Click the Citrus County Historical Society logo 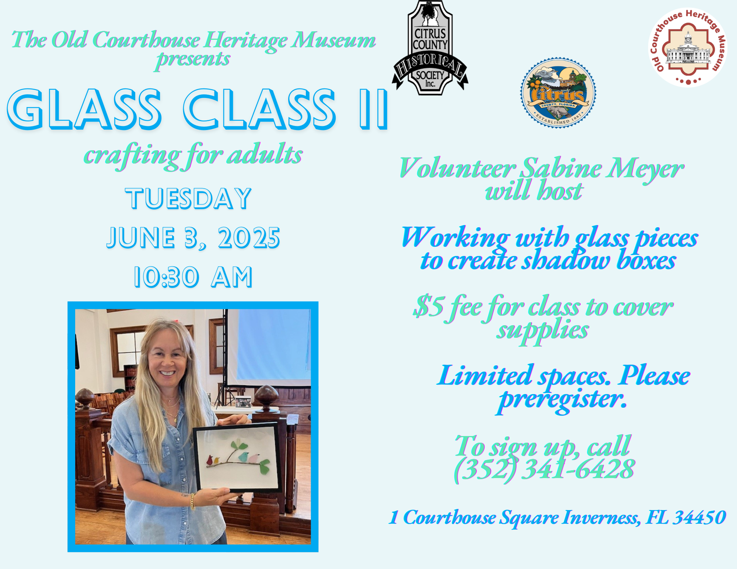430,48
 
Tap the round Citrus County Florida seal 558,92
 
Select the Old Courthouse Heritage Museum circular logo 688,48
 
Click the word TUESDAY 188,199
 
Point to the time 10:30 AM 193,277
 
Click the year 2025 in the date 249,238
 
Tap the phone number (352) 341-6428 544,470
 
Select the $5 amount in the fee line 428,306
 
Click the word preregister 562,400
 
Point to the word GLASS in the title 84,109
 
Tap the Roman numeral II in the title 373,109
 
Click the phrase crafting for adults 193,156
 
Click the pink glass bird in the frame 254,459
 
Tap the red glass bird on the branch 210,460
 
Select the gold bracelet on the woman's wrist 192,502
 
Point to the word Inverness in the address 601,517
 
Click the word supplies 542,330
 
